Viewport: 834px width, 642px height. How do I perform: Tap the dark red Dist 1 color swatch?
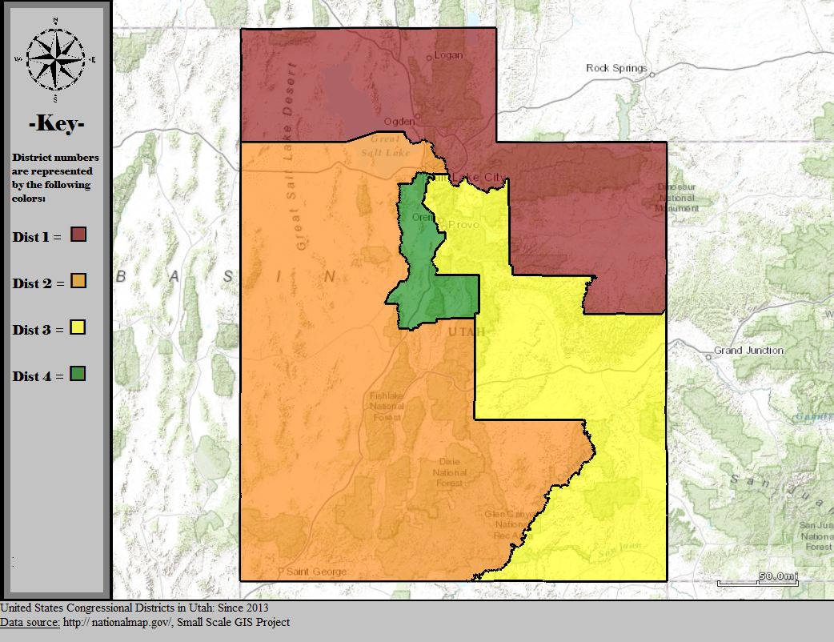(78, 235)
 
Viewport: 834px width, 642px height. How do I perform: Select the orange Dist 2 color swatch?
(78, 281)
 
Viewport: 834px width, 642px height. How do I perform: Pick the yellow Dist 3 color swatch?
(78, 327)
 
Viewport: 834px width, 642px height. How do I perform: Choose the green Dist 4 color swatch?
(78, 374)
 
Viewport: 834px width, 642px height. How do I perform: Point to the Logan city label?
(449, 55)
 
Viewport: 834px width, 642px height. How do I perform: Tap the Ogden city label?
(399, 121)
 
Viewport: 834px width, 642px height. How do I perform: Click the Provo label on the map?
(463, 225)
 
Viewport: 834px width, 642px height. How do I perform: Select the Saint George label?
(316, 572)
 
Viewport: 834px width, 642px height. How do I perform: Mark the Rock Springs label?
(616, 68)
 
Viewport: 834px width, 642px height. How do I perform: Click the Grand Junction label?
(748, 351)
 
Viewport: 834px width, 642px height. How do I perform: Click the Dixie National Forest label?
(449, 472)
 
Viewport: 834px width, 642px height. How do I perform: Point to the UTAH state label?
(466, 331)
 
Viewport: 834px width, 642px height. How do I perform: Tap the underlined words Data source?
(30, 622)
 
